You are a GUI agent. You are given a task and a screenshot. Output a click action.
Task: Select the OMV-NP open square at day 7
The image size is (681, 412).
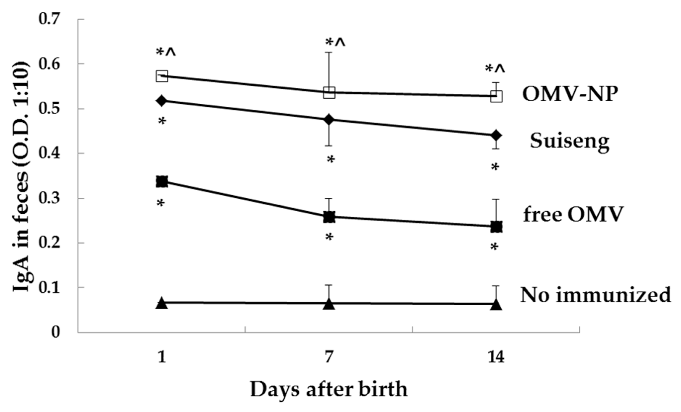329,93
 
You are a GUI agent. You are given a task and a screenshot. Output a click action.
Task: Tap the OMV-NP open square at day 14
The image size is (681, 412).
496,96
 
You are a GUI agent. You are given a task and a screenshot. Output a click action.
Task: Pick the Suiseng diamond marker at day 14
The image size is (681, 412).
496,135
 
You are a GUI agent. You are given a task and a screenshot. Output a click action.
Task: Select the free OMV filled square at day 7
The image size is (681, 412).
329,217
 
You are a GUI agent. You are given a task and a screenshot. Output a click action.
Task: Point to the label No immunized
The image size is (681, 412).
596,295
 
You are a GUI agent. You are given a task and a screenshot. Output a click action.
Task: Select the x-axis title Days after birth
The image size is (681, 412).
329,390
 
